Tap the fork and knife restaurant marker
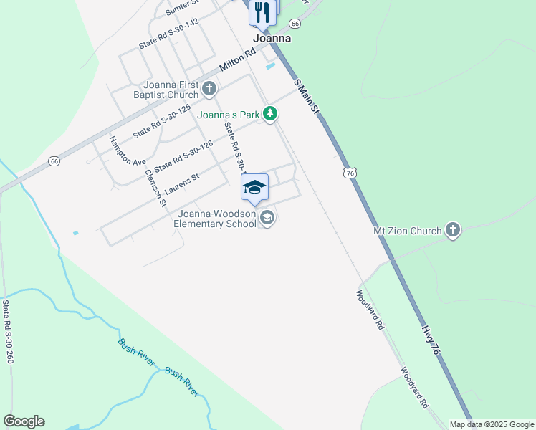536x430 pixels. [262, 12]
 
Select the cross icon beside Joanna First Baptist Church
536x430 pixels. [209, 89]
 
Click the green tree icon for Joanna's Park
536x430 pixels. [269, 113]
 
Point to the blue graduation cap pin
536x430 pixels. [254, 188]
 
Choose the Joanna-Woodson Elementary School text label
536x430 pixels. [216, 219]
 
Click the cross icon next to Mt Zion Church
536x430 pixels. [452, 230]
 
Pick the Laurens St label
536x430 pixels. [181, 183]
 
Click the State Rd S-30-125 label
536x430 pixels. [162, 120]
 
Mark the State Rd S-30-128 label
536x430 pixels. [183, 156]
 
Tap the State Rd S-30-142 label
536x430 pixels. [168, 33]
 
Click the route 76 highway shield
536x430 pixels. [349, 173]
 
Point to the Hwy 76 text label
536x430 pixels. [430, 340]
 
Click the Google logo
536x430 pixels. [24, 421]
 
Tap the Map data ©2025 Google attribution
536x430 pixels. [492, 424]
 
